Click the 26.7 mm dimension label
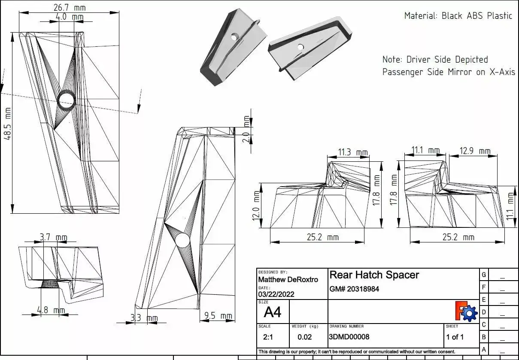[69, 8]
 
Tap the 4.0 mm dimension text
[70, 17]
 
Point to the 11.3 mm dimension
[353, 152]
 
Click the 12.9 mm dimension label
[475, 151]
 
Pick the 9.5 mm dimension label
[218, 316]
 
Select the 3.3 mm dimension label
[144, 318]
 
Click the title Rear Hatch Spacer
[374, 275]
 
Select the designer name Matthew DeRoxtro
[288, 280]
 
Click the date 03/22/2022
[276, 294]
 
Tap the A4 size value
[273, 312]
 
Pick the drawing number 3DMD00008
[349, 337]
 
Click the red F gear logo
[466, 312]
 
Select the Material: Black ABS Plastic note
[458, 16]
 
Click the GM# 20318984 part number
[354, 289]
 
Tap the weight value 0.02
[305, 337]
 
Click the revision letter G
[484, 275]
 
